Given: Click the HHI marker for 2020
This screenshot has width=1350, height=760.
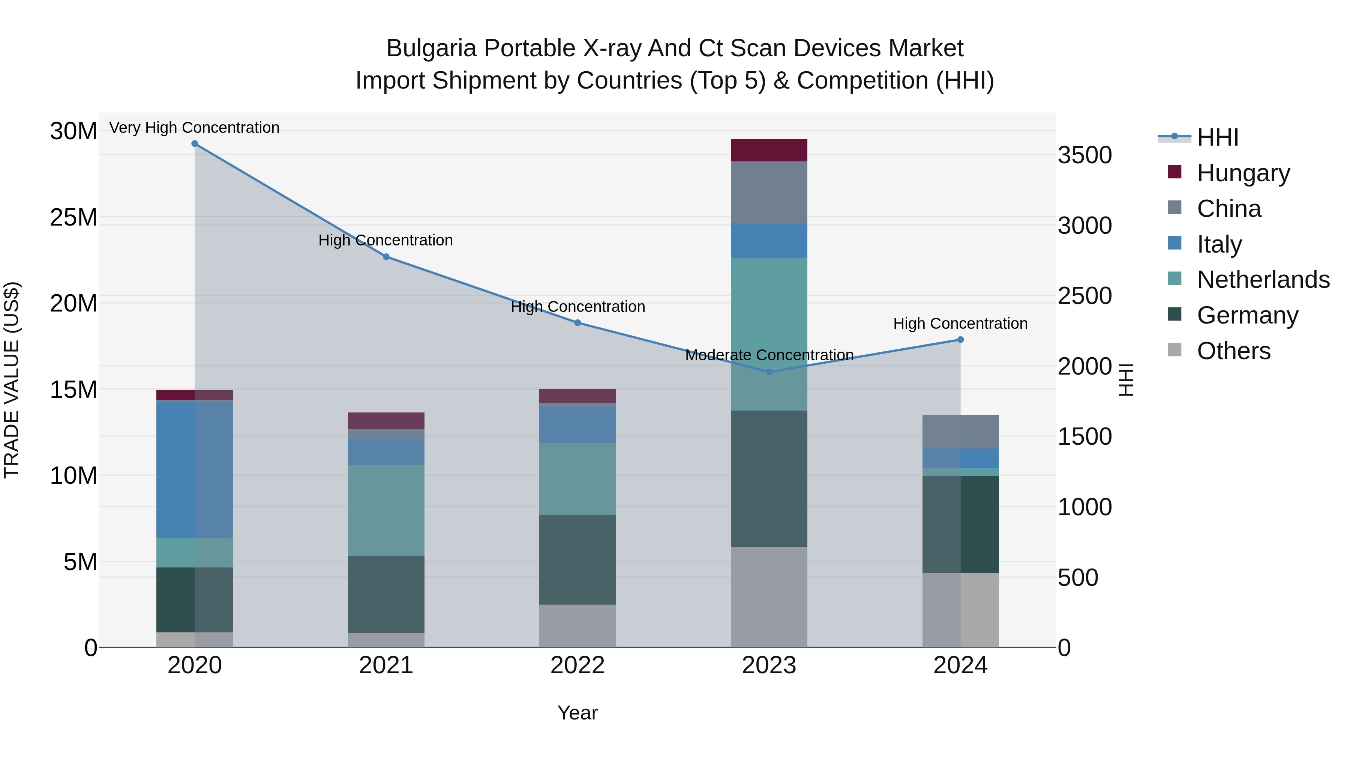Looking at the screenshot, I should click(x=194, y=144).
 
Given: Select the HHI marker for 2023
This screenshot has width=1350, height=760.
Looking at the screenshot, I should click(x=769, y=372).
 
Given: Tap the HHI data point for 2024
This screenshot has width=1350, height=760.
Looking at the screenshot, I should click(x=960, y=340).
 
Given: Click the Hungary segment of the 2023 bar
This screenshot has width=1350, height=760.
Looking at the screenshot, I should click(x=769, y=150).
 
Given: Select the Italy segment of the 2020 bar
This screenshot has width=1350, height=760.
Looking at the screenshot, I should click(x=194, y=470).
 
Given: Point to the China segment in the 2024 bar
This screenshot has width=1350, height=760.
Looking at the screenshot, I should click(x=960, y=432).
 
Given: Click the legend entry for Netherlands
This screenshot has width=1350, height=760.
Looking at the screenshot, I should click(x=1263, y=280).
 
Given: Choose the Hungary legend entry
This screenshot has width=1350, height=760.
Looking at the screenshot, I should click(x=1243, y=173).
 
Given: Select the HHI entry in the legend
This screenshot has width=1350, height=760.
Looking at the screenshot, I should click(x=1217, y=137).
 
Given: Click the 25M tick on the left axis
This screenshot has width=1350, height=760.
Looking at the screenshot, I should click(x=73, y=218).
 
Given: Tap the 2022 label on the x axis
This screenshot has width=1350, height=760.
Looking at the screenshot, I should click(x=577, y=665).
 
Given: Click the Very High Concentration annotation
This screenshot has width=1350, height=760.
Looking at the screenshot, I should click(x=194, y=128).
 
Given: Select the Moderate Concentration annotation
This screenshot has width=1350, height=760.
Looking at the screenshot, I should click(x=769, y=355).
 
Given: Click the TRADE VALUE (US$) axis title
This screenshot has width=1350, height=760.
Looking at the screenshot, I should click(x=12, y=380).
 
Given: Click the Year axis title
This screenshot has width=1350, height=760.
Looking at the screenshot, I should click(x=577, y=713).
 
